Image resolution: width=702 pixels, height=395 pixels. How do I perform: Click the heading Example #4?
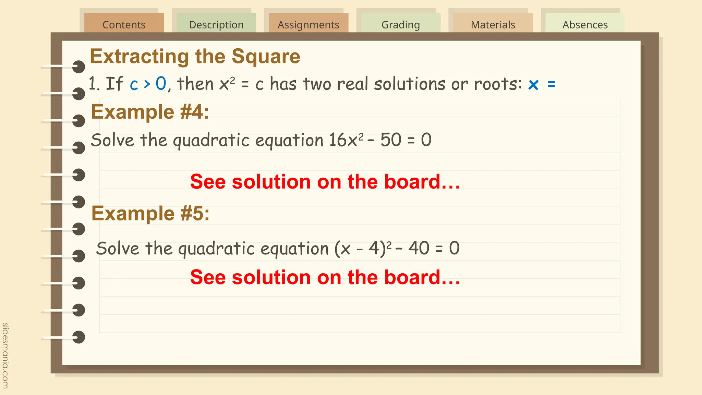click(150, 112)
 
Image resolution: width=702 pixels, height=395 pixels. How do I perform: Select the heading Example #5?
click(150, 214)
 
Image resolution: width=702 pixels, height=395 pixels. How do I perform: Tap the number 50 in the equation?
click(391, 140)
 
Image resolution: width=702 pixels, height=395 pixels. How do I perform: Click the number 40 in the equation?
click(419, 248)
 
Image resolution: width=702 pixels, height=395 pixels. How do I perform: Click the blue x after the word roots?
click(533, 85)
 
